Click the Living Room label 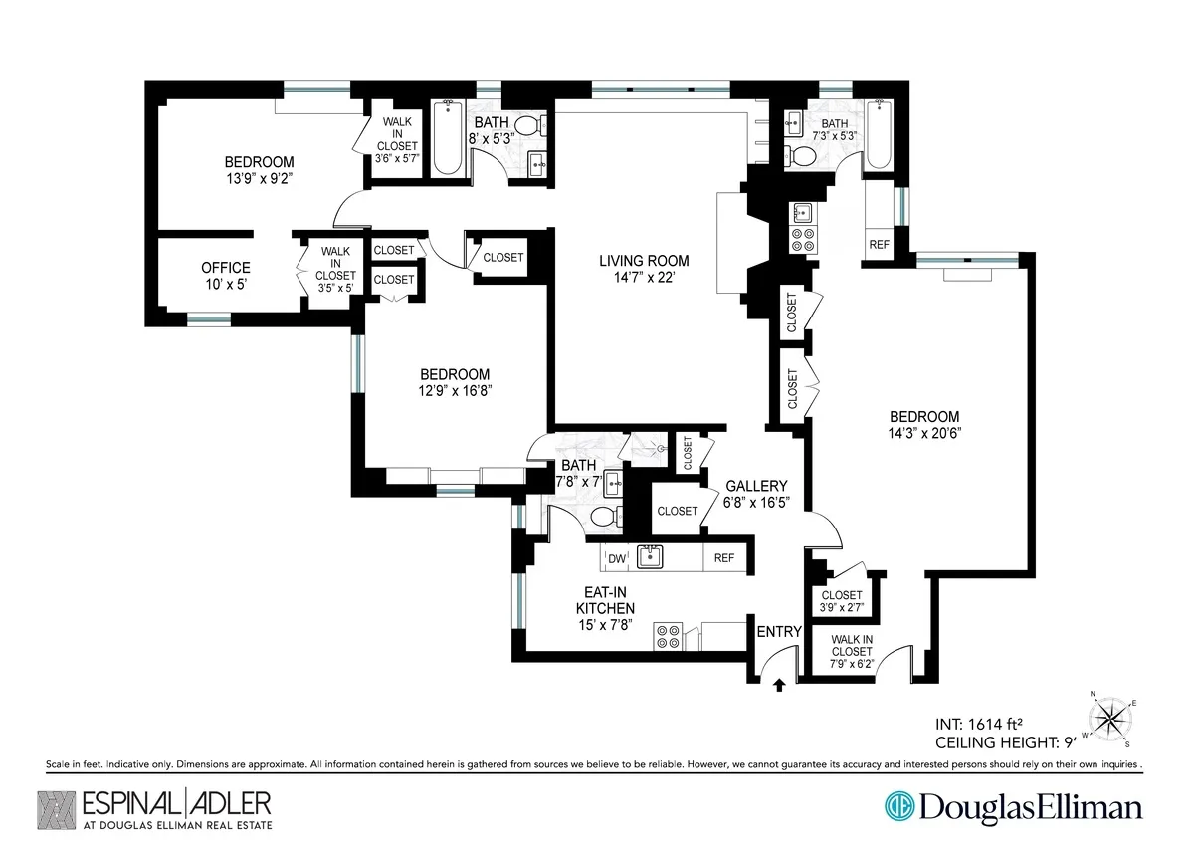pos(643,261)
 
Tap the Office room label pos(226,268)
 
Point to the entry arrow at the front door pos(779,684)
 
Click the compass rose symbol pos(1110,718)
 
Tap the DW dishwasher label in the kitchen pos(617,559)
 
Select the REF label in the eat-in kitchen pos(724,558)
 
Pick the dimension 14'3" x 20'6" pos(924,433)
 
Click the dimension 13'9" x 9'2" pos(259,179)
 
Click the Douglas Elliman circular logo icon pos(898,806)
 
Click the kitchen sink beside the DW pos(651,557)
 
